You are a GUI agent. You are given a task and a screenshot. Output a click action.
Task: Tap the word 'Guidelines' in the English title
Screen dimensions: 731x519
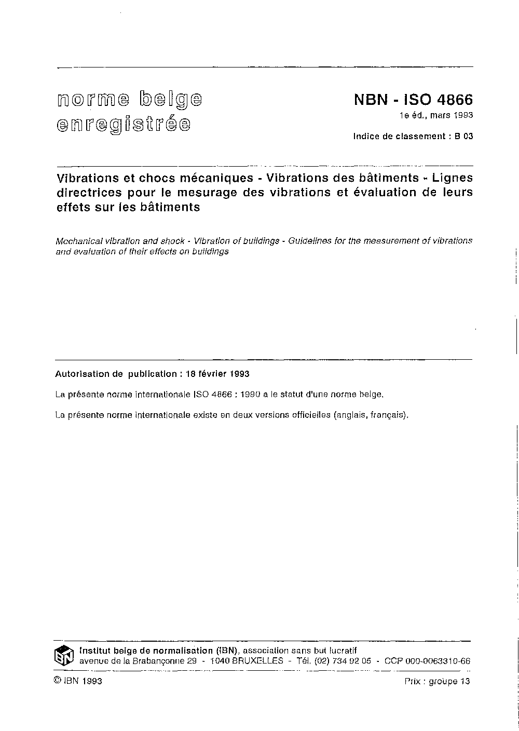(x=301, y=241)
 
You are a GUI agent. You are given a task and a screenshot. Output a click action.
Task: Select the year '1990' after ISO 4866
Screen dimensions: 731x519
(x=251, y=395)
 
